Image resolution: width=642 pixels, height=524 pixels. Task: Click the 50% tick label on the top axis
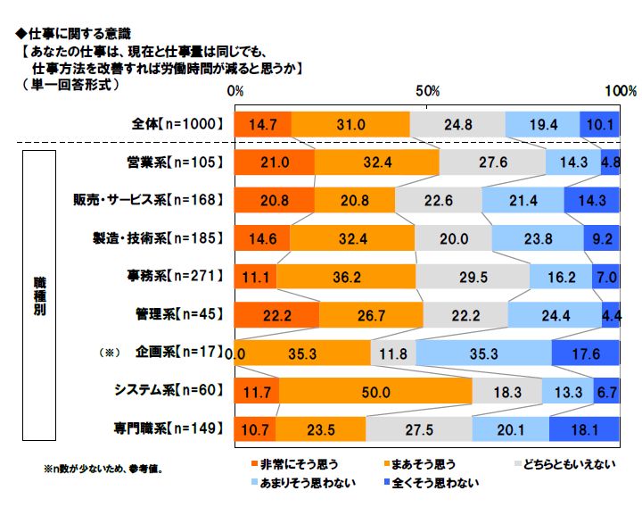click(x=427, y=92)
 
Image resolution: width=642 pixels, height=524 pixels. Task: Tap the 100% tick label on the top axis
click(x=620, y=92)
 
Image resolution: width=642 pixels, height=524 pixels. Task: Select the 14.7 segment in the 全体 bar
click(x=262, y=125)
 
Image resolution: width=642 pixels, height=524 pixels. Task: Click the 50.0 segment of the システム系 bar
click(x=375, y=391)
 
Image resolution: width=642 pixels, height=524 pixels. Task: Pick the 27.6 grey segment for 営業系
click(x=492, y=162)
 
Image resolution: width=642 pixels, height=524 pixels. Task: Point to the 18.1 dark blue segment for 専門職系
click(x=585, y=428)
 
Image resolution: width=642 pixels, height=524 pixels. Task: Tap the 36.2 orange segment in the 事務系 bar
click(x=346, y=278)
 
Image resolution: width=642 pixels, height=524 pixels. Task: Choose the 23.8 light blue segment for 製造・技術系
click(x=538, y=239)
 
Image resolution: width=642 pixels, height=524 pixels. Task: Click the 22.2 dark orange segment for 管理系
click(x=276, y=315)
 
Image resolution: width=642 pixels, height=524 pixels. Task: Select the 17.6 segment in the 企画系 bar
click(x=586, y=353)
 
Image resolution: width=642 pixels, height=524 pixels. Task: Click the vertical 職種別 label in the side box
click(x=41, y=295)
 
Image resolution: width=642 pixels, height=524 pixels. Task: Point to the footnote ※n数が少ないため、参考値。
click(x=103, y=467)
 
